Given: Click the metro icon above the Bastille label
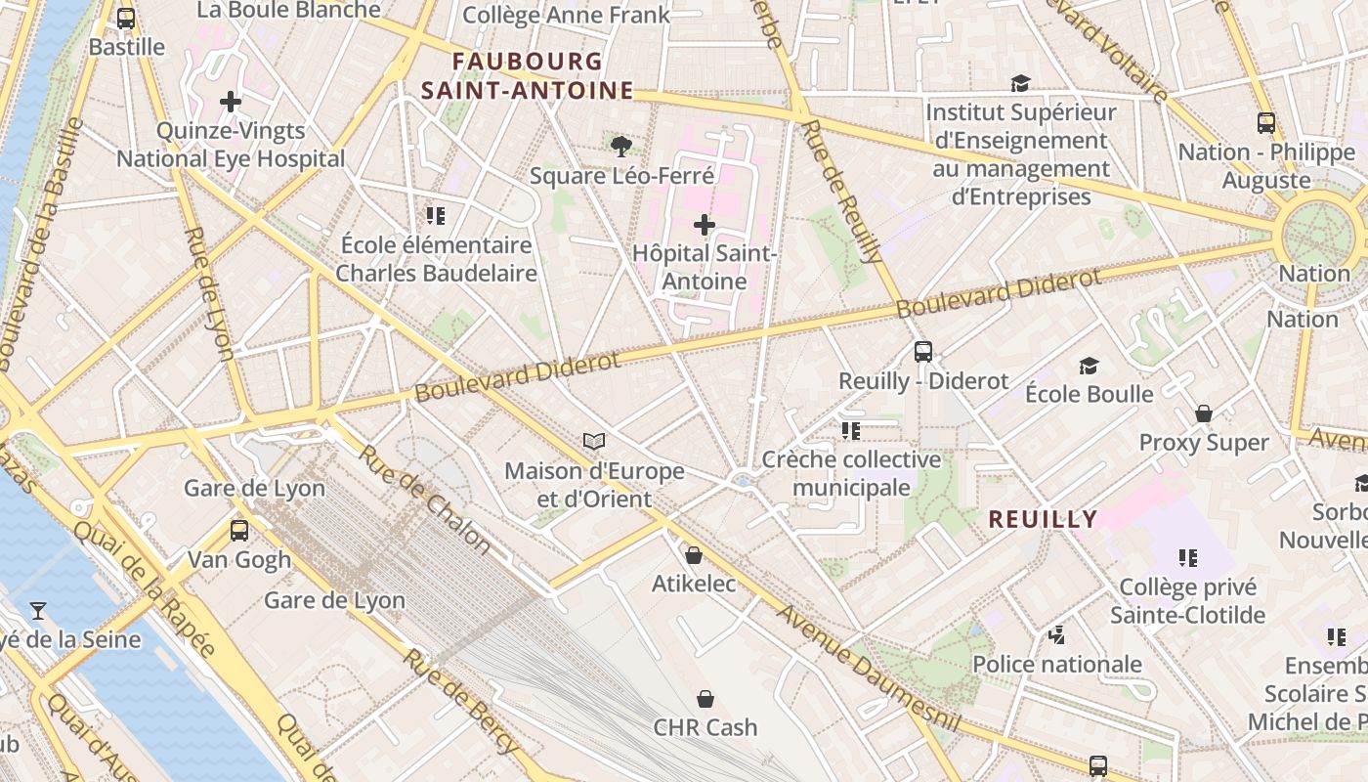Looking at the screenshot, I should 126,18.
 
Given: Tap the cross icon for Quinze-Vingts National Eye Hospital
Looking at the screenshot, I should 231,101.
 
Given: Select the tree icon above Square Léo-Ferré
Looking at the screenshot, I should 620,147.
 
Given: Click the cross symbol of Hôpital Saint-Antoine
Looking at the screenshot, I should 704,225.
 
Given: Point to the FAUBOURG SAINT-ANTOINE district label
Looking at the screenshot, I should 528,76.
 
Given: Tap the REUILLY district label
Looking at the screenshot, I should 1043,519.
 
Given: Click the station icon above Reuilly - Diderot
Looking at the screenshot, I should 923,352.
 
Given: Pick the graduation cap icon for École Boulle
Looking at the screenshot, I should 1089,366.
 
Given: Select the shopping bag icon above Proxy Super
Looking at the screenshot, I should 1204,413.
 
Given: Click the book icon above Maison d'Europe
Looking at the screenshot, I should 594,442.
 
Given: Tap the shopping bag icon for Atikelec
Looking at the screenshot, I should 694,555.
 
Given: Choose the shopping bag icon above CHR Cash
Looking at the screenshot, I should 705,699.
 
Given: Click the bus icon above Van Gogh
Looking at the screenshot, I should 239,531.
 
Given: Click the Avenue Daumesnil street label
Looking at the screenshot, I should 869,672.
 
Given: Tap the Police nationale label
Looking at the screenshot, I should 1057,665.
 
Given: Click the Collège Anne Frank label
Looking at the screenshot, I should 566,15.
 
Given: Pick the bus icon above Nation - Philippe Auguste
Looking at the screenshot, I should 1266,123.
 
